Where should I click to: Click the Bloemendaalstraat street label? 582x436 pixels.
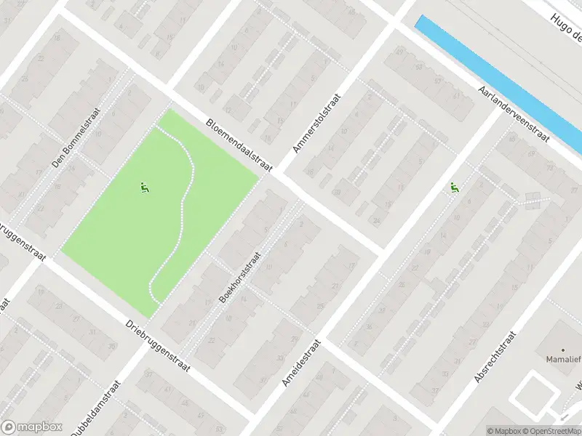(239, 145)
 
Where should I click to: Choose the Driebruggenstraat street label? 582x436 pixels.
(157, 346)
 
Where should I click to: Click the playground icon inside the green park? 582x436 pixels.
(144, 187)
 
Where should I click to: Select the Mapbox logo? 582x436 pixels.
(30, 427)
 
